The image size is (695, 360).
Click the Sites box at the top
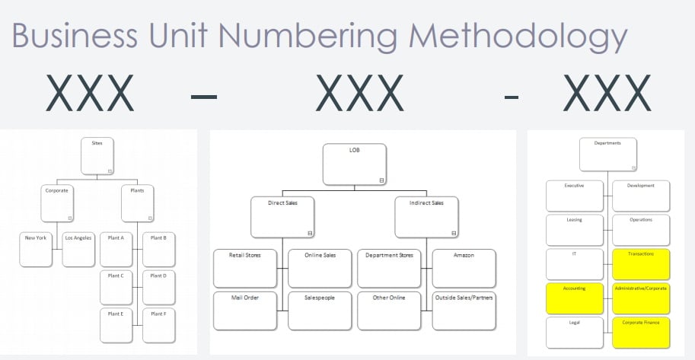click(x=97, y=156)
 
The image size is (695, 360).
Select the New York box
click(x=36, y=249)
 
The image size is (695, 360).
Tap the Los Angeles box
click(x=78, y=249)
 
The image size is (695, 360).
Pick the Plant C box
click(x=116, y=286)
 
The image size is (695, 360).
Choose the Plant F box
click(x=158, y=324)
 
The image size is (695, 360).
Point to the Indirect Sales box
click(x=427, y=217)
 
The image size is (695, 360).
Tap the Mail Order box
click(x=245, y=310)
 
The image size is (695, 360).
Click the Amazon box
click(x=464, y=268)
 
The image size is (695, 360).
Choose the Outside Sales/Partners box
click(x=464, y=310)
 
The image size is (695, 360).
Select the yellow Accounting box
click(x=575, y=299)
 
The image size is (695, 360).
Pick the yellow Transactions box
click(x=641, y=265)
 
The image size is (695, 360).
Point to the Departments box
click(x=607, y=155)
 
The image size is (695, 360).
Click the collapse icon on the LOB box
click(x=381, y=180)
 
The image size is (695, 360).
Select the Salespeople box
click(x=320, y=310)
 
